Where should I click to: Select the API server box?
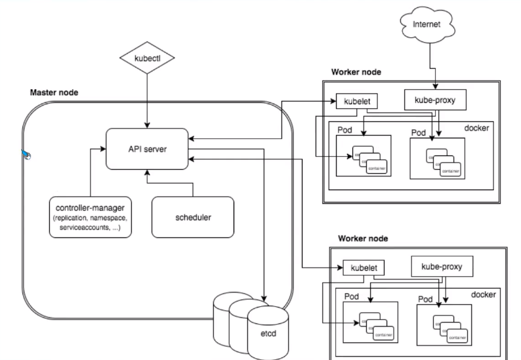pyautogui.click(x=147, y=148)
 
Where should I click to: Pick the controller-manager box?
pyautogui.click(x=91, y=216)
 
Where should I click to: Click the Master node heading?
pyautogui.click(x=54, y=92)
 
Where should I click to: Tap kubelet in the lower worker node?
pyautogui.click(x=363, y=268)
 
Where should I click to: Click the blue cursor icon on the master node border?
pyautogui.click(x=26, y=155)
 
